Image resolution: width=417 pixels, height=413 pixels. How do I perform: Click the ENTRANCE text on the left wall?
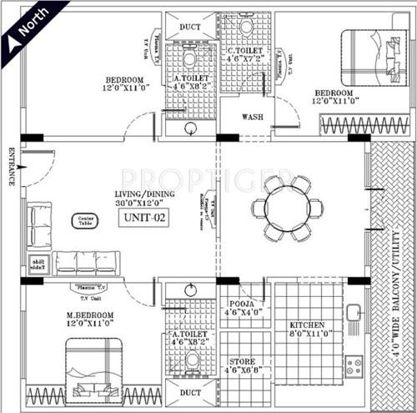point(11,166)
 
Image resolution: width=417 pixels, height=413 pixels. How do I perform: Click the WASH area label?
point(254,118)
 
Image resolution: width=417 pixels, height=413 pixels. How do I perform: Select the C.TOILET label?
point(246,54)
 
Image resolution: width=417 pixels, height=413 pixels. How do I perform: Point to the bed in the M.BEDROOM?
point(90,368)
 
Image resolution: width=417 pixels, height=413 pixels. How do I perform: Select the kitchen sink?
point(354,313)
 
